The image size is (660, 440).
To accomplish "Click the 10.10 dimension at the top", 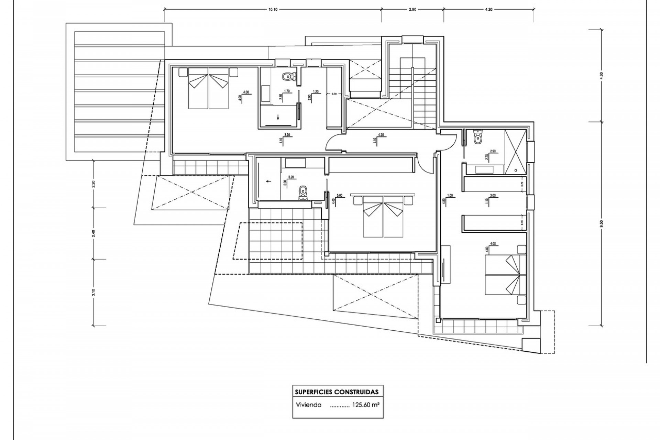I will [273, 10].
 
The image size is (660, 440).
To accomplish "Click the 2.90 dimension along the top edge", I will [412, 10].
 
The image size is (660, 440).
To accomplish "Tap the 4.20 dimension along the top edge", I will [488, 10].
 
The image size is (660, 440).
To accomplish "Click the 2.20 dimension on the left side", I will [93, 184].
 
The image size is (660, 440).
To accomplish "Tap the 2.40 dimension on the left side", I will [93, 233].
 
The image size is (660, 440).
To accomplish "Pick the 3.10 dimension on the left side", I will [93, 292].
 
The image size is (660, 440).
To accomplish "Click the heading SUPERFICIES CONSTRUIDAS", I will [337, 392].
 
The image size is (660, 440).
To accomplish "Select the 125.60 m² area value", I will [365, 405].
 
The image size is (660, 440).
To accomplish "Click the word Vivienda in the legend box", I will [308, 405].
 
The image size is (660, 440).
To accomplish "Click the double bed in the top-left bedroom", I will [208, 88].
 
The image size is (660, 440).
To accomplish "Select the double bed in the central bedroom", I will [384, 217].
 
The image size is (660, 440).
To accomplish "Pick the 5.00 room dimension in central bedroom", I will [340, 196].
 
